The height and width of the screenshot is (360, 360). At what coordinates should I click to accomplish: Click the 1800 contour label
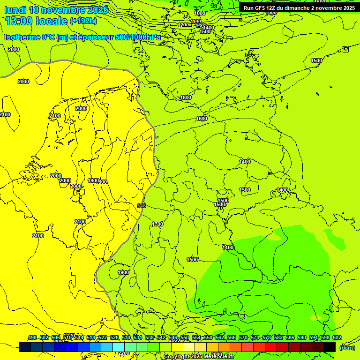coord(186,97)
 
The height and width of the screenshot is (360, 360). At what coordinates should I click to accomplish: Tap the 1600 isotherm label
coord(202,119)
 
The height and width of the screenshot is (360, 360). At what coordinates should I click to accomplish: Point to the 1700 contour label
coord(157,225)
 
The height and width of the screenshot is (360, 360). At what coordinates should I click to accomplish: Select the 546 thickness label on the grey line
coord(142,206)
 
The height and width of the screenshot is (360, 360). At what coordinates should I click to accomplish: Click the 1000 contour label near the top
coord(200,14)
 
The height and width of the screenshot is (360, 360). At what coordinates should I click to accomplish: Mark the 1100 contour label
coord(196,21)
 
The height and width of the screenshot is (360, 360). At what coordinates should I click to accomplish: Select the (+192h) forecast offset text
coord(83,21)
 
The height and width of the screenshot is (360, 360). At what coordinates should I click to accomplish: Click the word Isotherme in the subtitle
coord(22,37)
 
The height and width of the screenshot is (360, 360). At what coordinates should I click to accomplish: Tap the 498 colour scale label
coord(32,338)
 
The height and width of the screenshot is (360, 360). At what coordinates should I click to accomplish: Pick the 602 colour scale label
coord(337,338)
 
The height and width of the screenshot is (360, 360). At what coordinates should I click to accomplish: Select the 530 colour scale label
coord(126,338)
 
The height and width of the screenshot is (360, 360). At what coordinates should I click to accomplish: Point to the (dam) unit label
coord(347,347)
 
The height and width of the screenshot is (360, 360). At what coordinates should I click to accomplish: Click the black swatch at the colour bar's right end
coord(330,347)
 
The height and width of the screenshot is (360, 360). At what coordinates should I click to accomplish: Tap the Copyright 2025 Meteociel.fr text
coord(199,357)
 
